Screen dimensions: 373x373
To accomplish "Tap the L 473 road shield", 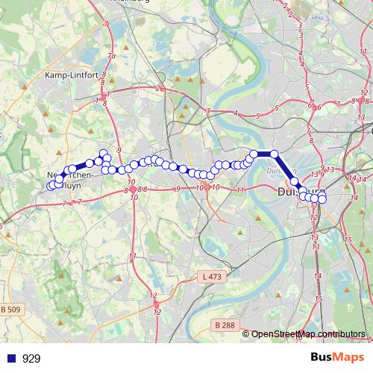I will pyautogui.click(x=213, y=277).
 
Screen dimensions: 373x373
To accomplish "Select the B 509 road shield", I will pyautogui.click(x=10, y=310).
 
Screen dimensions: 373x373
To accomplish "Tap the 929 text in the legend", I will pyautogui.click(x=31, y=358).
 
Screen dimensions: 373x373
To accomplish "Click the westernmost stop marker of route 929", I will pyautogui.click(x=51, y=186).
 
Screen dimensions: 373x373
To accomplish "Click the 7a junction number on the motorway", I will pyautogui.click(x=112, y=57).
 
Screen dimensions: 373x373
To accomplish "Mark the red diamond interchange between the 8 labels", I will pyautogui.click(x=133, y=189).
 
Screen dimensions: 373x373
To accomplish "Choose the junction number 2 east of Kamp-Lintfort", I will pyautogui.click(x=159, y=89).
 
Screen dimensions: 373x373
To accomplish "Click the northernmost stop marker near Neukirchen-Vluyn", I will pyautogui.click(x=104, y=153).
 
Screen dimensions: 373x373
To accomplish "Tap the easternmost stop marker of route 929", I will pyautogui.click(x=322, y=199).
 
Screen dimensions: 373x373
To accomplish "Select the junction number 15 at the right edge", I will pyautogui.click(x=348, y=239).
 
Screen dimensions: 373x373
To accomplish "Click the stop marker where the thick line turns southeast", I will pyautogui.click(x=274, y=154).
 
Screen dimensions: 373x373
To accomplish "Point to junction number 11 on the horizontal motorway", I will pyautogui.click(x=240, y=191).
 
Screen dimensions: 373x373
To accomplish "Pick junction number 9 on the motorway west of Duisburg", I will pyautogui.click(x=178, y=189).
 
